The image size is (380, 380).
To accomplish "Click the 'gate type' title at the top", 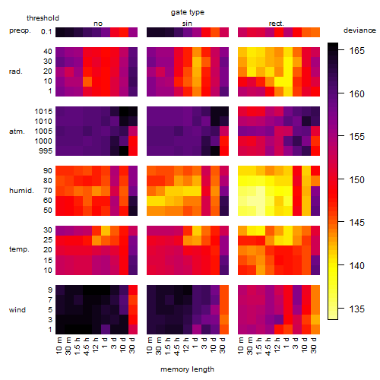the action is [188, 12].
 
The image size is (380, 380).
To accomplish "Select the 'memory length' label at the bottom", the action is [187, 369].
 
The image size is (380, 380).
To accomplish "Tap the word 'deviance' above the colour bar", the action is [359, 30].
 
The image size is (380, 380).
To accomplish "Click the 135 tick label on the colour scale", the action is [357, 309].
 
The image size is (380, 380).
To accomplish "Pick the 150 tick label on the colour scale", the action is [357, 180].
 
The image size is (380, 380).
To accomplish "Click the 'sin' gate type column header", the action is [187, 24].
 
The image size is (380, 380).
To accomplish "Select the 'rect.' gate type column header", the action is [277, 24].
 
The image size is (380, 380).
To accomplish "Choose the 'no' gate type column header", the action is [98, 24].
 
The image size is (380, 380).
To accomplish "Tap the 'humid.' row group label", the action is [21, 191].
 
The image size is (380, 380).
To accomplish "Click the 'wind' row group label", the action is [17, 310].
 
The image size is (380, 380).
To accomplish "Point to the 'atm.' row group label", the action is [17, 131].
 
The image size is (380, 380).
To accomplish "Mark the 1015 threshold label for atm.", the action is [43, 112].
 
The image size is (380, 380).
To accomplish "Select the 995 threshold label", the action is [46, 151].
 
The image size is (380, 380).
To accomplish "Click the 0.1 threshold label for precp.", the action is [46, 32].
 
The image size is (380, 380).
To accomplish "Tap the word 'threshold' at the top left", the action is [43, 18].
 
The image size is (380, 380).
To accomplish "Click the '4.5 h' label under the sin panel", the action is [177, 346].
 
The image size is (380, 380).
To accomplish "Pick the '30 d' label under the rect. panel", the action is [314, 345].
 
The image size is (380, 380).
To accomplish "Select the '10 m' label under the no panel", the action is [59, 345].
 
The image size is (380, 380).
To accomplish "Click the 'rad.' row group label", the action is [16, 71].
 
